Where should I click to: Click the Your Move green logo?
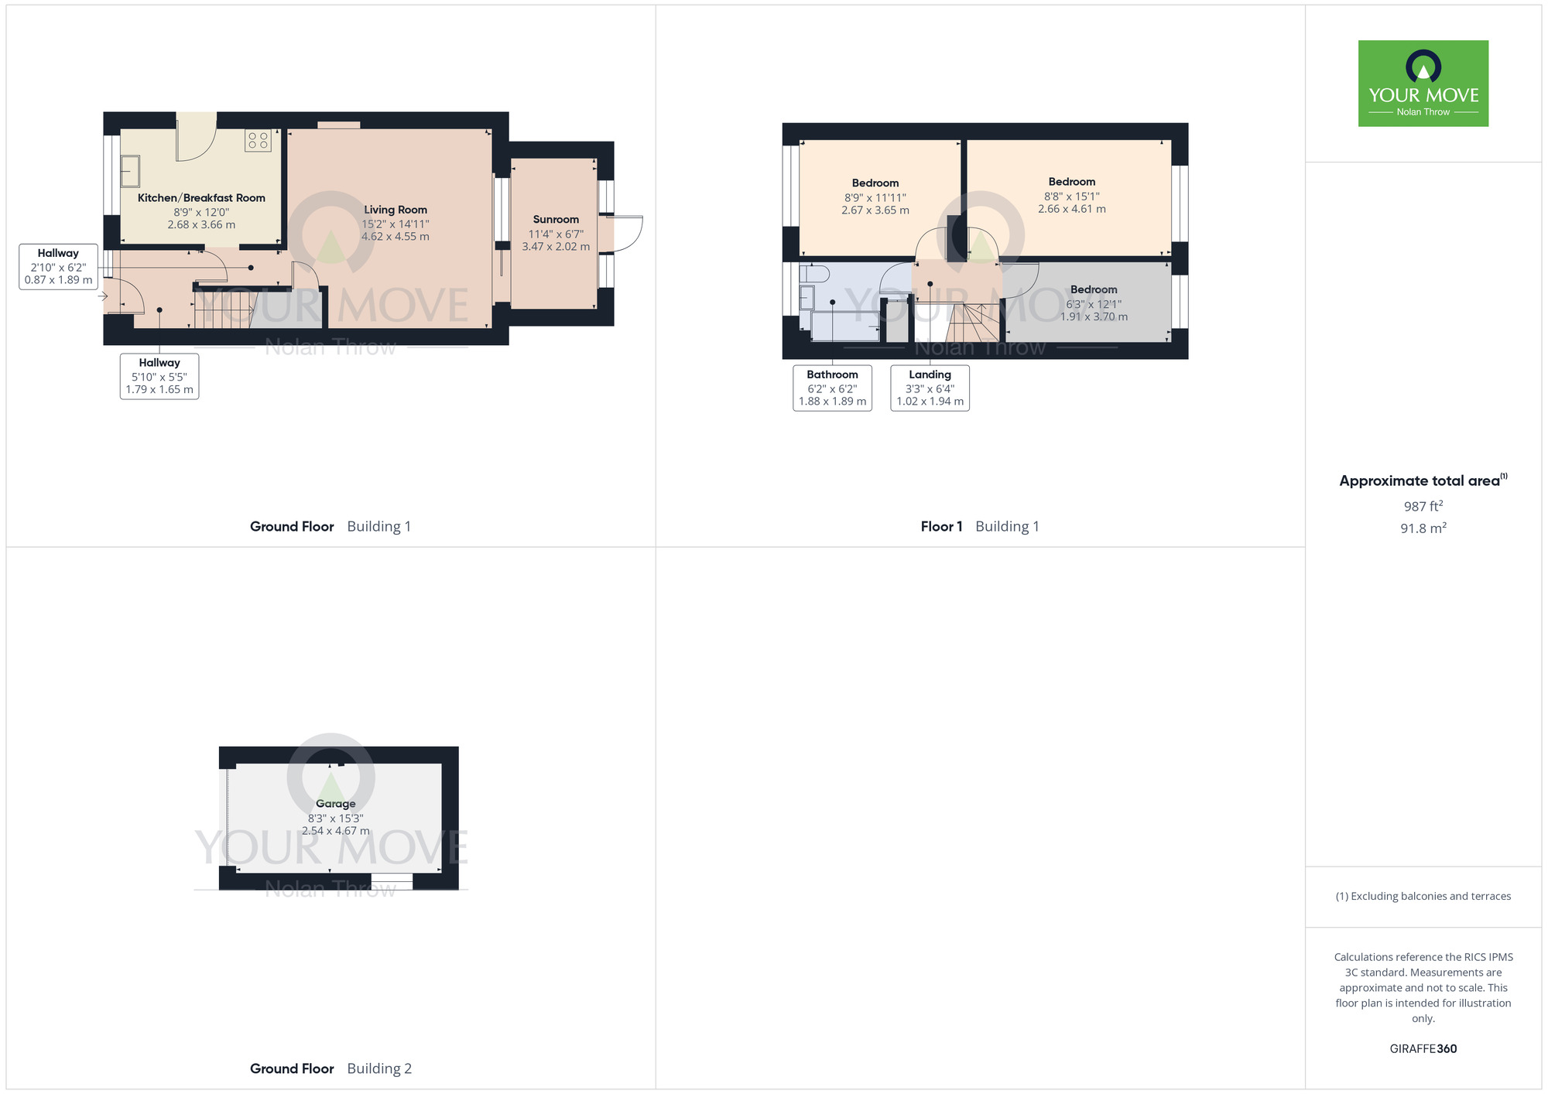tap(1423, 84)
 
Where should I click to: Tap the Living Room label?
tap(396, 210)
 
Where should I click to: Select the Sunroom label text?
tap(556, 220)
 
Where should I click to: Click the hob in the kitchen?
tap(258, 140)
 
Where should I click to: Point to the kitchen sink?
tap(130, 172)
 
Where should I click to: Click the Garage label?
tap(335, 804)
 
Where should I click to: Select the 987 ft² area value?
tap(1423, 507)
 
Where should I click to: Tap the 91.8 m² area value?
tap(1423, 528)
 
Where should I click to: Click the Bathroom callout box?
tap(832, 388)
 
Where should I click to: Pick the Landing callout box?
tap(930, 388)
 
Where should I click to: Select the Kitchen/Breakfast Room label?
tap(201, 198)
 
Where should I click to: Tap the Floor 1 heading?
tap(941, 527)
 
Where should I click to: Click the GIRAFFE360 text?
tap(1423, 1049)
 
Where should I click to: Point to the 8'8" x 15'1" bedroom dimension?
tap(1072, 197)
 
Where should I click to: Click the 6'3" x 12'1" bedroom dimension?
tap(1094, 304)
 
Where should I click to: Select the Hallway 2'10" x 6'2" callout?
tap(58, 267)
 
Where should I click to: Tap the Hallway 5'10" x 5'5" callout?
tap(159, 376)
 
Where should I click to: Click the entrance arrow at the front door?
tap(102, 296)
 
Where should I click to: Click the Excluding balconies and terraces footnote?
tap(1423, 897)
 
